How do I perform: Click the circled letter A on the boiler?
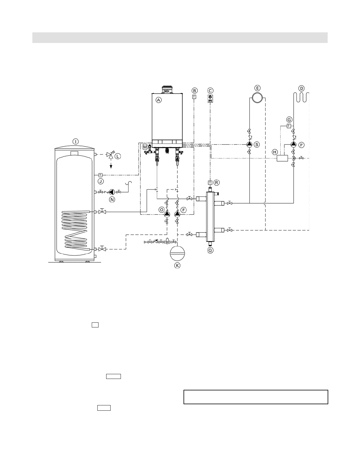[159, 100]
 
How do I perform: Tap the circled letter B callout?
[194, 91]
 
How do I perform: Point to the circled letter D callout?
[301, 88]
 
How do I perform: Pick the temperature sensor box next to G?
[289, 126]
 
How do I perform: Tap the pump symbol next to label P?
[294, 144]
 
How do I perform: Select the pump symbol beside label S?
[249, 144]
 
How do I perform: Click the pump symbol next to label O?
[167, 214]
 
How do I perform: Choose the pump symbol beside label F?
[177, 214]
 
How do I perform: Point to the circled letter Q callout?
[210, 250]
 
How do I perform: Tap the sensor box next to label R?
[210, 182]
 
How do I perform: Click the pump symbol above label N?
[112, 192]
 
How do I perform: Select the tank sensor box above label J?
[101, 175]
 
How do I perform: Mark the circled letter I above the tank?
[76, 142]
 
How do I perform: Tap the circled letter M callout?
[145, 147]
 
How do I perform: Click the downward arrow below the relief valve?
[111, 166]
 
